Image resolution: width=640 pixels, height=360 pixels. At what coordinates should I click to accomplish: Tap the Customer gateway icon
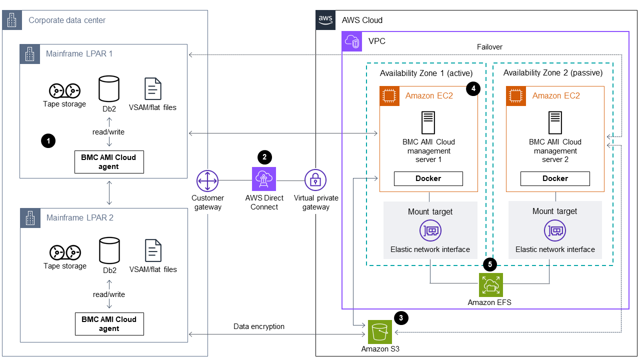coord(207,180)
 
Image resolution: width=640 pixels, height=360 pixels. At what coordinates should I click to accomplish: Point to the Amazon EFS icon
coord(490,285)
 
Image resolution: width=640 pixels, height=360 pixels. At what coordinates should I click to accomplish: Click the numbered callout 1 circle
coord(48,141)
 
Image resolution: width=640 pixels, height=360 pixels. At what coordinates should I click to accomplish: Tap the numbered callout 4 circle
coord(473,89)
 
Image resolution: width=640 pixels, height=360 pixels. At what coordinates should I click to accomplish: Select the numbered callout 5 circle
coord(490,263)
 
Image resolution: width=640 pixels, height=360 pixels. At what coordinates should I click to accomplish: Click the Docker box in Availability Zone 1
coord(428,178)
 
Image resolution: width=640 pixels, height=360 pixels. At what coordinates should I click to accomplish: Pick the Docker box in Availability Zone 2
coord(555,178)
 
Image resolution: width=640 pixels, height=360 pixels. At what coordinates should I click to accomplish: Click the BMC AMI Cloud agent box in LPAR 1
coord(109,162)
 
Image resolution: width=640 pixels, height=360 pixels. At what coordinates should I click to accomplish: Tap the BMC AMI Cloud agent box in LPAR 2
coord(109,324)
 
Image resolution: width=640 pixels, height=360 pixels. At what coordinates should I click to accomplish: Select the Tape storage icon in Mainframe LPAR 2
coord(64,252)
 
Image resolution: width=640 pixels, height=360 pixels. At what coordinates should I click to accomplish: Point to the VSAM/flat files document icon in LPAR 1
coord(153,89)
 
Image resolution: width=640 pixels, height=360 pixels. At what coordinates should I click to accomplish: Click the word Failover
coord(489,47)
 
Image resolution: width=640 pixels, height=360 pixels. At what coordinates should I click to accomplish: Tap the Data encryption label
coord(259,326)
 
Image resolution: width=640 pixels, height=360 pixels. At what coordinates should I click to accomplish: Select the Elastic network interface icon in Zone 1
coord(430,230)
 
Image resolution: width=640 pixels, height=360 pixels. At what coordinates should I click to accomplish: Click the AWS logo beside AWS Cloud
coord(325,20)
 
